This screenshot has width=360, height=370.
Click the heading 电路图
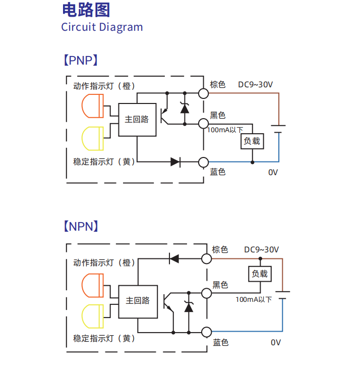[x=86, y=10]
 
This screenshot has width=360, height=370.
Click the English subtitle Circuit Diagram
[x=102, y=27]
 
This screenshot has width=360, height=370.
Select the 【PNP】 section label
[x=80, y=61]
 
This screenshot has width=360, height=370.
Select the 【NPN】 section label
[x=80, y=226]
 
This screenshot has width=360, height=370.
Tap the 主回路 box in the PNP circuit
[x=137, y=120]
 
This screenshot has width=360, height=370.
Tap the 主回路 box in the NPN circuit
[x=138, y=300]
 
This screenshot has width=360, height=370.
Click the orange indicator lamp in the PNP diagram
[x=92, y=106]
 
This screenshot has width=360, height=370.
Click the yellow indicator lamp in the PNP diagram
[x=92, y=138]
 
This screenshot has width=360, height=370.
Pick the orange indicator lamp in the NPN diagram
[x=92, y=286]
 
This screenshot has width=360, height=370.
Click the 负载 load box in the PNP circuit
[x=252, y=141]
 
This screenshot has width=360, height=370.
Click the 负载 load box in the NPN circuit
[x=260, y=274]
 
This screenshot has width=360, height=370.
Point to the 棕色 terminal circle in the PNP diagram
[x=203, y=93]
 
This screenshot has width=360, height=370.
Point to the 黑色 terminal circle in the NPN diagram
[x=206, y=293]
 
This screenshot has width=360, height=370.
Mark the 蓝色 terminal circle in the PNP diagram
[x=203, y=162]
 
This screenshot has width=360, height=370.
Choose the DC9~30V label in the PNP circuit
[x=256, y=85]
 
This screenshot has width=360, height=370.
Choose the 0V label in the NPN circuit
[x=275, y=342]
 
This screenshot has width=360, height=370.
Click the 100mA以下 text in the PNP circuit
[x=225, y=130]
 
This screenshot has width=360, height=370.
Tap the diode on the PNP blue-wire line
[x=175, y=162]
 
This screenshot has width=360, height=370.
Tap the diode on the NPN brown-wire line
[x=174, y=258]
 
